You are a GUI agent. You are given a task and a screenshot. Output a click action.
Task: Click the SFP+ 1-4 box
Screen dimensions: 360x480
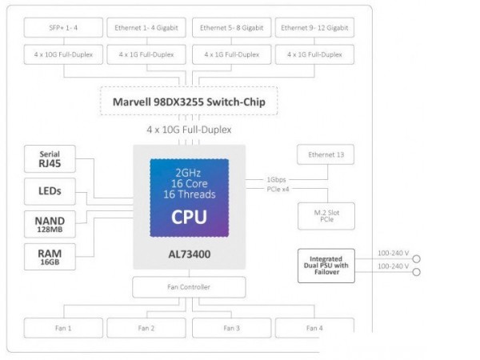pos(64,28)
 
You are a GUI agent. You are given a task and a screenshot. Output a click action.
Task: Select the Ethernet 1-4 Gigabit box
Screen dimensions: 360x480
pos(149,28)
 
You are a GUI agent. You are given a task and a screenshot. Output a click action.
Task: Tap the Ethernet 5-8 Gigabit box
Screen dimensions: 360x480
pos(231,28)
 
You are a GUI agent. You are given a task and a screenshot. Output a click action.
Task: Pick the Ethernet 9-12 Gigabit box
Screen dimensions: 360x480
pos(314,28)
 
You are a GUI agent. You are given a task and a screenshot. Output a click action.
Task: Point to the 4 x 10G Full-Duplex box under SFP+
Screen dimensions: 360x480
pos(64,55)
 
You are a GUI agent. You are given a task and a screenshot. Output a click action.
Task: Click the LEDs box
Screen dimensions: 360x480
pos(49,192)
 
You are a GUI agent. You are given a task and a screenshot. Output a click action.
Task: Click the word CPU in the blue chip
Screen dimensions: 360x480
pos(189,217)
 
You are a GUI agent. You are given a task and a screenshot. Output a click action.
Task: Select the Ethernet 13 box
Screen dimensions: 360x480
pos(325,155)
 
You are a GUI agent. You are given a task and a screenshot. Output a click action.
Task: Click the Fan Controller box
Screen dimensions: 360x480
pos(189,286)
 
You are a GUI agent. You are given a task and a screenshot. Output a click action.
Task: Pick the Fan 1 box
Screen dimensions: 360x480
pos(64,328)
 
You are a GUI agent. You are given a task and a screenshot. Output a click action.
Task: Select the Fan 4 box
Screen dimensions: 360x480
pos(314,328)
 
